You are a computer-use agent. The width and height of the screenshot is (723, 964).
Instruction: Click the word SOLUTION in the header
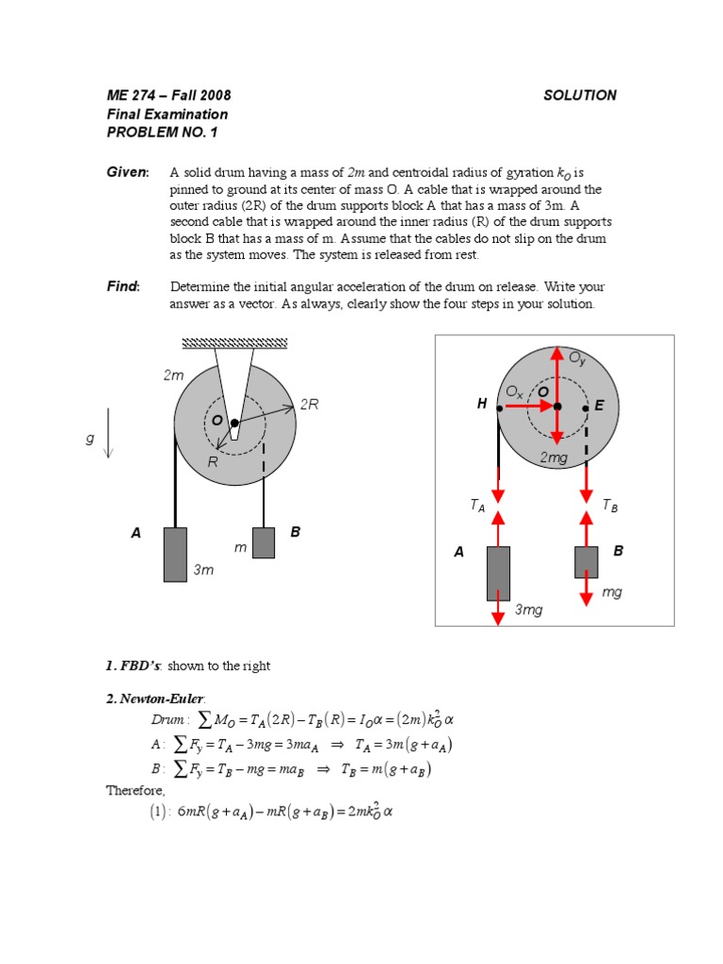580,95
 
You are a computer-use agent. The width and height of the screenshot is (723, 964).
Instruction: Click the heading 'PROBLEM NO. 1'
162,133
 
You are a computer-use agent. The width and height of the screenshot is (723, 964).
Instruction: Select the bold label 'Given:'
128,172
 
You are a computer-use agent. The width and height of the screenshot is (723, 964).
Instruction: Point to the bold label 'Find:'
122,286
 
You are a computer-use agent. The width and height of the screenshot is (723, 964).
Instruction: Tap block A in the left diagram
175,554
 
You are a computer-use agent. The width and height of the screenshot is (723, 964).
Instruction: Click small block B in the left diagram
264,542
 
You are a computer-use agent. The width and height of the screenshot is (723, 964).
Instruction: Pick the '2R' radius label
309,405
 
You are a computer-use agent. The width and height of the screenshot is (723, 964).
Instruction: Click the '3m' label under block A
203,570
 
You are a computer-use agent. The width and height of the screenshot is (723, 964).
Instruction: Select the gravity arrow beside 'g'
108,432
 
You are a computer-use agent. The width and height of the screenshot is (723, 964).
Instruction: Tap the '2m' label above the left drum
174,376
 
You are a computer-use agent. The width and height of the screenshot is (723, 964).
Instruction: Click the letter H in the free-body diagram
482,405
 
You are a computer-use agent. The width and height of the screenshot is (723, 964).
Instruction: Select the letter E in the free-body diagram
599,406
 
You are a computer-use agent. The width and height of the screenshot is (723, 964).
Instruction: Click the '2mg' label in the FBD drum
554,458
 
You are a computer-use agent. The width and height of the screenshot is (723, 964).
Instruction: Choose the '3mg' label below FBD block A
528,610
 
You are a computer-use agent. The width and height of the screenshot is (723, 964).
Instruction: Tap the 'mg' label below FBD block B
611,592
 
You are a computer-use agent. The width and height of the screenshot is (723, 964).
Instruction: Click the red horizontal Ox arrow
537,407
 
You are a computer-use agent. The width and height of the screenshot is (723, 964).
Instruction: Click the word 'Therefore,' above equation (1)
135,791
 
